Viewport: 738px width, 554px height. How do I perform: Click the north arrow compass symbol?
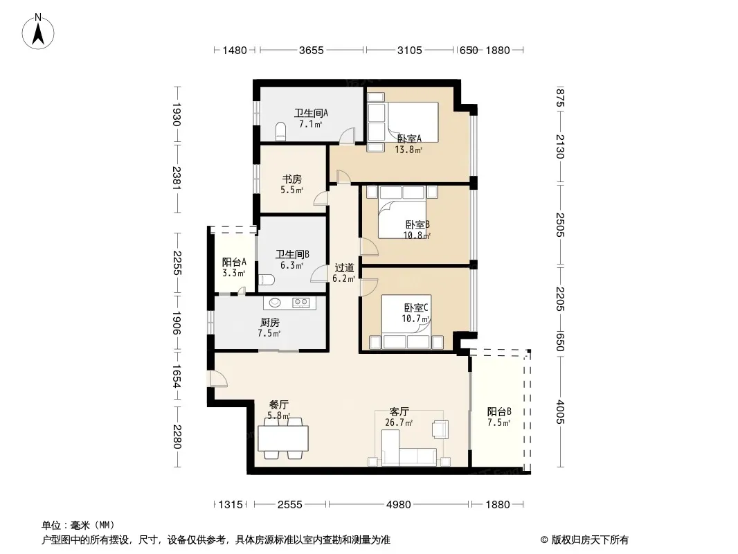click(x=38, y=32)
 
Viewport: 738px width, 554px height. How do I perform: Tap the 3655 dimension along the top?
click(x=312, y=50)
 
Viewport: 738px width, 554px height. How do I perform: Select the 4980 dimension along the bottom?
click(x=399, y=505)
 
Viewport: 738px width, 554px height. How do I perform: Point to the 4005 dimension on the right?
click(x=559, y=412)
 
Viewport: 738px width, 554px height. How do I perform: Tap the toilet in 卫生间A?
click(x=280, y=132)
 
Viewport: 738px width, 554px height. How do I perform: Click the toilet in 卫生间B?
click(x=267, y=280)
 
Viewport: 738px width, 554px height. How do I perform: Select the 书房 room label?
click(x=292, y=179)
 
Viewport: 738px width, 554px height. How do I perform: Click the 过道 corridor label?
click(x=344, y=268)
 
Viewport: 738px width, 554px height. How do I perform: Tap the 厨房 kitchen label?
click(x=270, y=323)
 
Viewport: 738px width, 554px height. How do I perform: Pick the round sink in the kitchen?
click(x=275, y=303)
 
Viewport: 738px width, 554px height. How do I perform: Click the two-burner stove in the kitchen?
click(x=300, y=303)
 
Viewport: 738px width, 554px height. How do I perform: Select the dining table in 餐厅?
click(x=283, y=438)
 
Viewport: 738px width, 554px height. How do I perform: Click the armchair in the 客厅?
click(x=440, y=429)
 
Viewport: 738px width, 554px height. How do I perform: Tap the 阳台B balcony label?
click(x=499, y=412)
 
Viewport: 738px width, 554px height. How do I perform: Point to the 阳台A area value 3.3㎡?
click(x=233, y=273)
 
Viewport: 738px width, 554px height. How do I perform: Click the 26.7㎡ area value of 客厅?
click(x=399, y=422)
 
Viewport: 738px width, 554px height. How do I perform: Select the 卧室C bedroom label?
click(x=416, y=308)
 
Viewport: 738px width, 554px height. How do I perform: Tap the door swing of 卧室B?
click(x=368, y=247)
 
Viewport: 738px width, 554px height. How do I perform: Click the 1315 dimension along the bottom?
click(x=231, y=505)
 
